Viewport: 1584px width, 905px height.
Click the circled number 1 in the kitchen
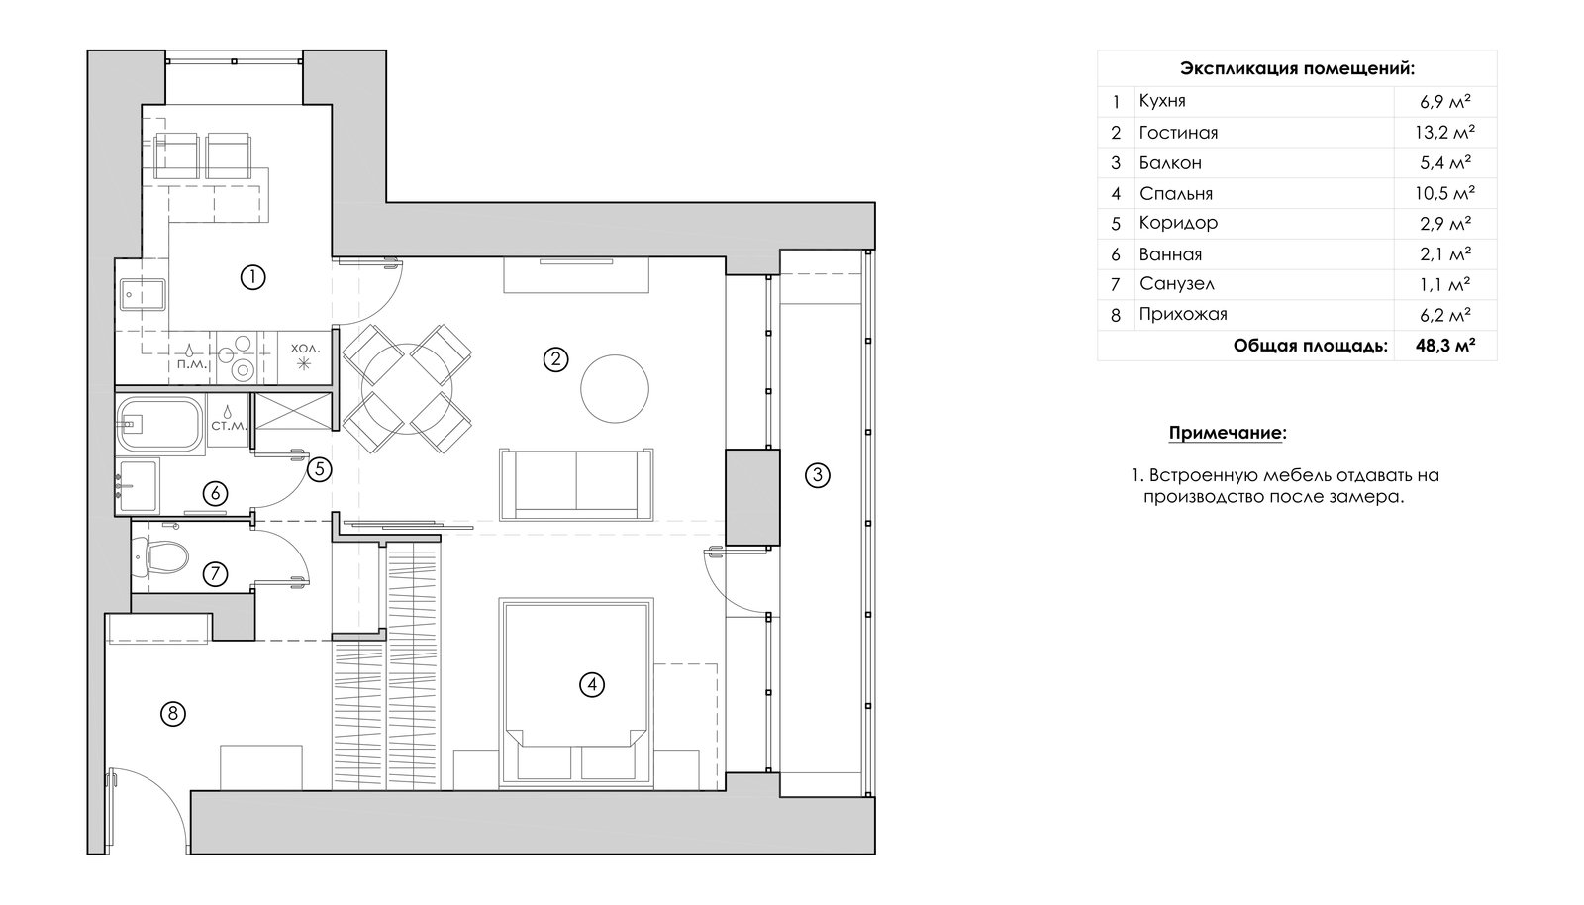pos(252,277)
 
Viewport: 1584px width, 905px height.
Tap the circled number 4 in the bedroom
pos(592,684)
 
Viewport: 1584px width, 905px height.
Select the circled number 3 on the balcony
pos(818,475)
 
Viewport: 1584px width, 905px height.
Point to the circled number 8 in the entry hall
pos(173,713)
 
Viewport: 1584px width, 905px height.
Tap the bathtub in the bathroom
pos(160,424)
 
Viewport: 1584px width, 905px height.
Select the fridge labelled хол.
pos(305,357)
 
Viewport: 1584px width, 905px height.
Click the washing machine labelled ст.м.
pos(229,420)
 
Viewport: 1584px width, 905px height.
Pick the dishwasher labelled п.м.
pos(192,357)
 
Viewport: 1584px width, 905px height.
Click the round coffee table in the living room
pos(615,389)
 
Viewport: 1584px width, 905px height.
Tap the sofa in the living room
pos(576,484)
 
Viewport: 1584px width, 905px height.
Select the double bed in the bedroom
pos(576,692)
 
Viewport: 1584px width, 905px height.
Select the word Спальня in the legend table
pos(1176,194)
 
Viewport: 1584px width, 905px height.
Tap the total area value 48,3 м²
pos(1445,346)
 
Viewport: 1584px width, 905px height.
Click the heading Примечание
pos(1228,433)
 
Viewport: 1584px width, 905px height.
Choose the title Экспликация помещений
pos(1298,68)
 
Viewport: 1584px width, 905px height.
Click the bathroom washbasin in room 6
pos(138,485)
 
